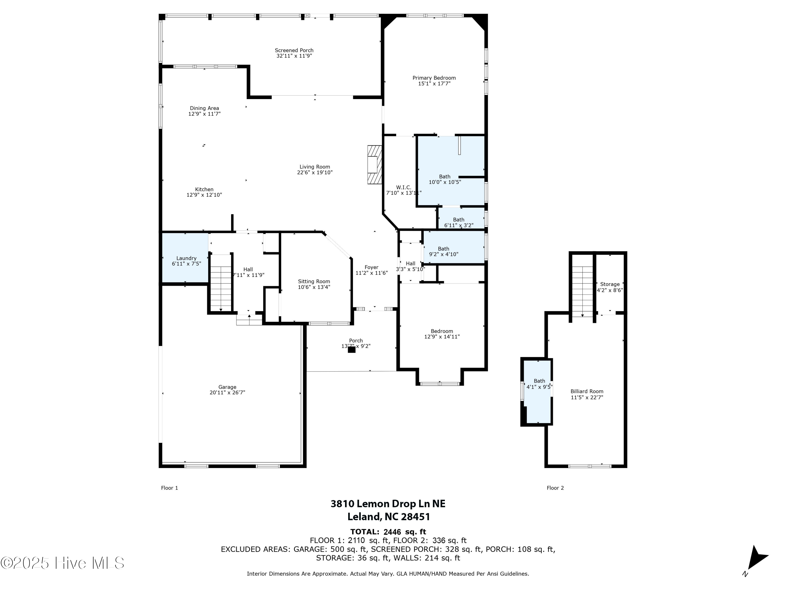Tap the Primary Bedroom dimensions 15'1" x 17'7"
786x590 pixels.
coord(434,84)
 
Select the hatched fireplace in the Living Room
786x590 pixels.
coord(374,164)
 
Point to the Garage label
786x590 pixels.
coord(227,387)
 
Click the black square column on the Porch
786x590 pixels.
coord(351,350)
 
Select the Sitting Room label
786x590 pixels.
coord(314,281)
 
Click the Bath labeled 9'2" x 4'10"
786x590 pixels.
coord(444,251)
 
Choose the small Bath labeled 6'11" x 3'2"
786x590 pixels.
coord(458,222)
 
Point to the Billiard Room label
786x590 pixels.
coord(587,391)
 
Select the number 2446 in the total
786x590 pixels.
coord(392,532)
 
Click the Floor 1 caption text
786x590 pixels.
coord(170,488)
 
